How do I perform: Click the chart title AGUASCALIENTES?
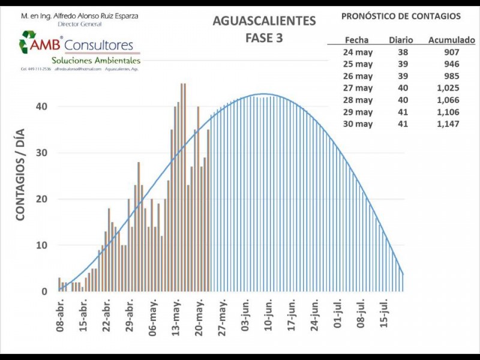click(264, 21)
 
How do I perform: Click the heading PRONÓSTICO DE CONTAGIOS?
click(401, 16)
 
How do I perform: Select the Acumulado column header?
click(452, 40)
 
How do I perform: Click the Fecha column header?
click(357, 40)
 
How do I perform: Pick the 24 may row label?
click(359, 52)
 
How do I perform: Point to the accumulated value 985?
click(451, 76)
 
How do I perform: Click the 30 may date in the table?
click(359, 124)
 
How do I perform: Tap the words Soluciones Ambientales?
click(96, 61)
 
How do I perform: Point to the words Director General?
click(80, 24)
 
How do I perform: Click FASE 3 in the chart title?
click(264, 38)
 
